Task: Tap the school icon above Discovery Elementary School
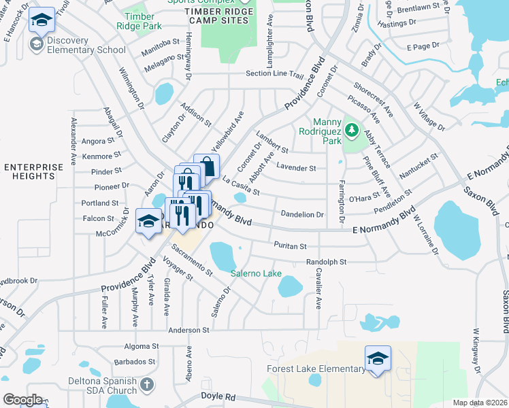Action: tap(42, 21)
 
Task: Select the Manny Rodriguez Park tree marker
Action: tap(352, 129)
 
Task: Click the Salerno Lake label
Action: tap(256, 274)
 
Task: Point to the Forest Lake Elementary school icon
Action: tap(378, 358)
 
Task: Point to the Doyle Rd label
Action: tap(218, 396)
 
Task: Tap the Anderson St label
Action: tap(188, 330)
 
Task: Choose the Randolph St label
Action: tap(327, 262)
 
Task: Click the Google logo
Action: tap(22, 400)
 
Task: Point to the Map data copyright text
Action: tap(480, 403)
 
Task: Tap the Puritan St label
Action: tap(290, 245)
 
